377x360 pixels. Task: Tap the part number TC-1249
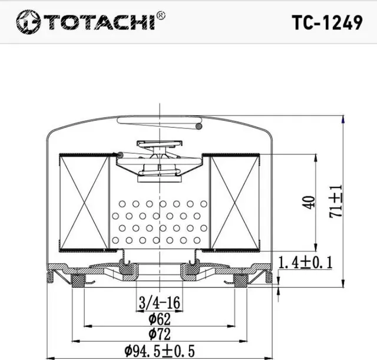327,22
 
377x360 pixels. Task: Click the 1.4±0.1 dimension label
305,262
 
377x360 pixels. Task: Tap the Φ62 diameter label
160,319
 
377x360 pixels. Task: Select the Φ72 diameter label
160,335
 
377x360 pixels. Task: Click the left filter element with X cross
84,201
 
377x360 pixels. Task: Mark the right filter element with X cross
234,201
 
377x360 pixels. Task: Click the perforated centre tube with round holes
160,221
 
